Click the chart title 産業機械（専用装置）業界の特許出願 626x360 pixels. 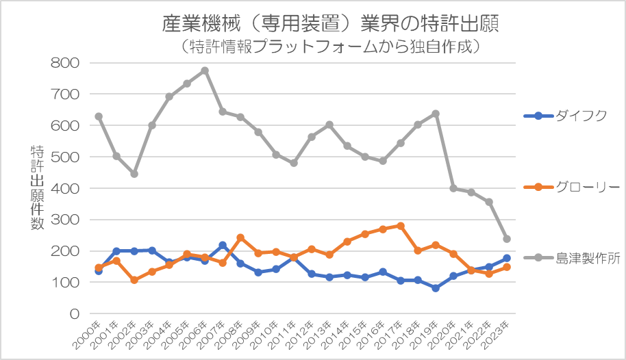pyautogui.click(x=330, y=23)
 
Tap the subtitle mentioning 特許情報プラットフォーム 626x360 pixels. pyautogui.click(x=330, y=47)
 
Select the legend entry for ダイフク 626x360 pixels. pyautogui.click(x=565, y=116)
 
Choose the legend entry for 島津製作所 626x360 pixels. pyautogui.click(x=572, y=258)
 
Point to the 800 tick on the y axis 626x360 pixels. pyautogui.click(x=64, y=63)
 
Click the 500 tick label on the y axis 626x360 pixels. pyautogui.click(x=64, y=157)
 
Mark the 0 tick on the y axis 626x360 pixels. pyautogui.click(x=75, y=314)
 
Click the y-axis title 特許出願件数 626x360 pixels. pyautogui.click(x=37, y=188)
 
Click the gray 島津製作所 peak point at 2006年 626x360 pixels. pyautogui.click(x=205, y=70)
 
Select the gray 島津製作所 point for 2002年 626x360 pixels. pyautogui.click(x=134, y=174)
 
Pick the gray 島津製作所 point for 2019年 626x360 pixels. pyautogui.click(x=436, y=114)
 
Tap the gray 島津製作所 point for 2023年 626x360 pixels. pyautogui.click(x=507, y=239)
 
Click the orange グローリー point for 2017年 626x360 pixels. pyautogui.click(x=401, y=226)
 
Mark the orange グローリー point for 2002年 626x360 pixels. pyautogui.click(x=134, y=280)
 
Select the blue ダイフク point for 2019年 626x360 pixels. pyautogui.click(x=436, y=288)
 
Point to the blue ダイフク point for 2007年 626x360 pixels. pyautogui.click(x=223, y=245)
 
